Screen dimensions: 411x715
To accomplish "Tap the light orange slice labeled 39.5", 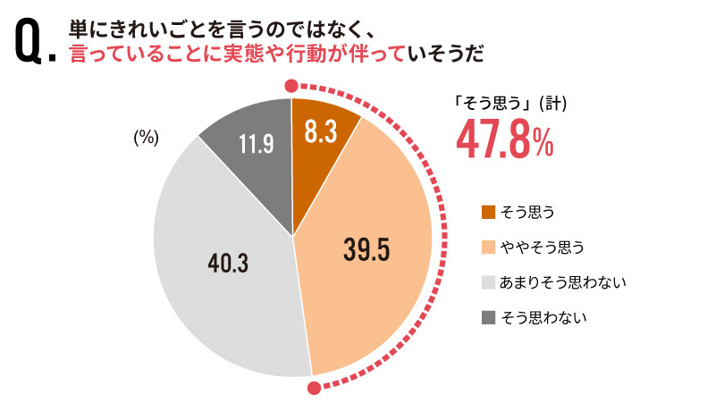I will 375,268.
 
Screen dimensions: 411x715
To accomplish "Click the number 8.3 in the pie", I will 320,132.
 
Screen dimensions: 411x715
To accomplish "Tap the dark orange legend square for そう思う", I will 488,212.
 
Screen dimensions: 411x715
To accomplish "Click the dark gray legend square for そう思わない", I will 488,316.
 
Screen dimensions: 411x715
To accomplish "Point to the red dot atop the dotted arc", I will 290,86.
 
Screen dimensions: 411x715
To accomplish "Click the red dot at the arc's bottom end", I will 314,388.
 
